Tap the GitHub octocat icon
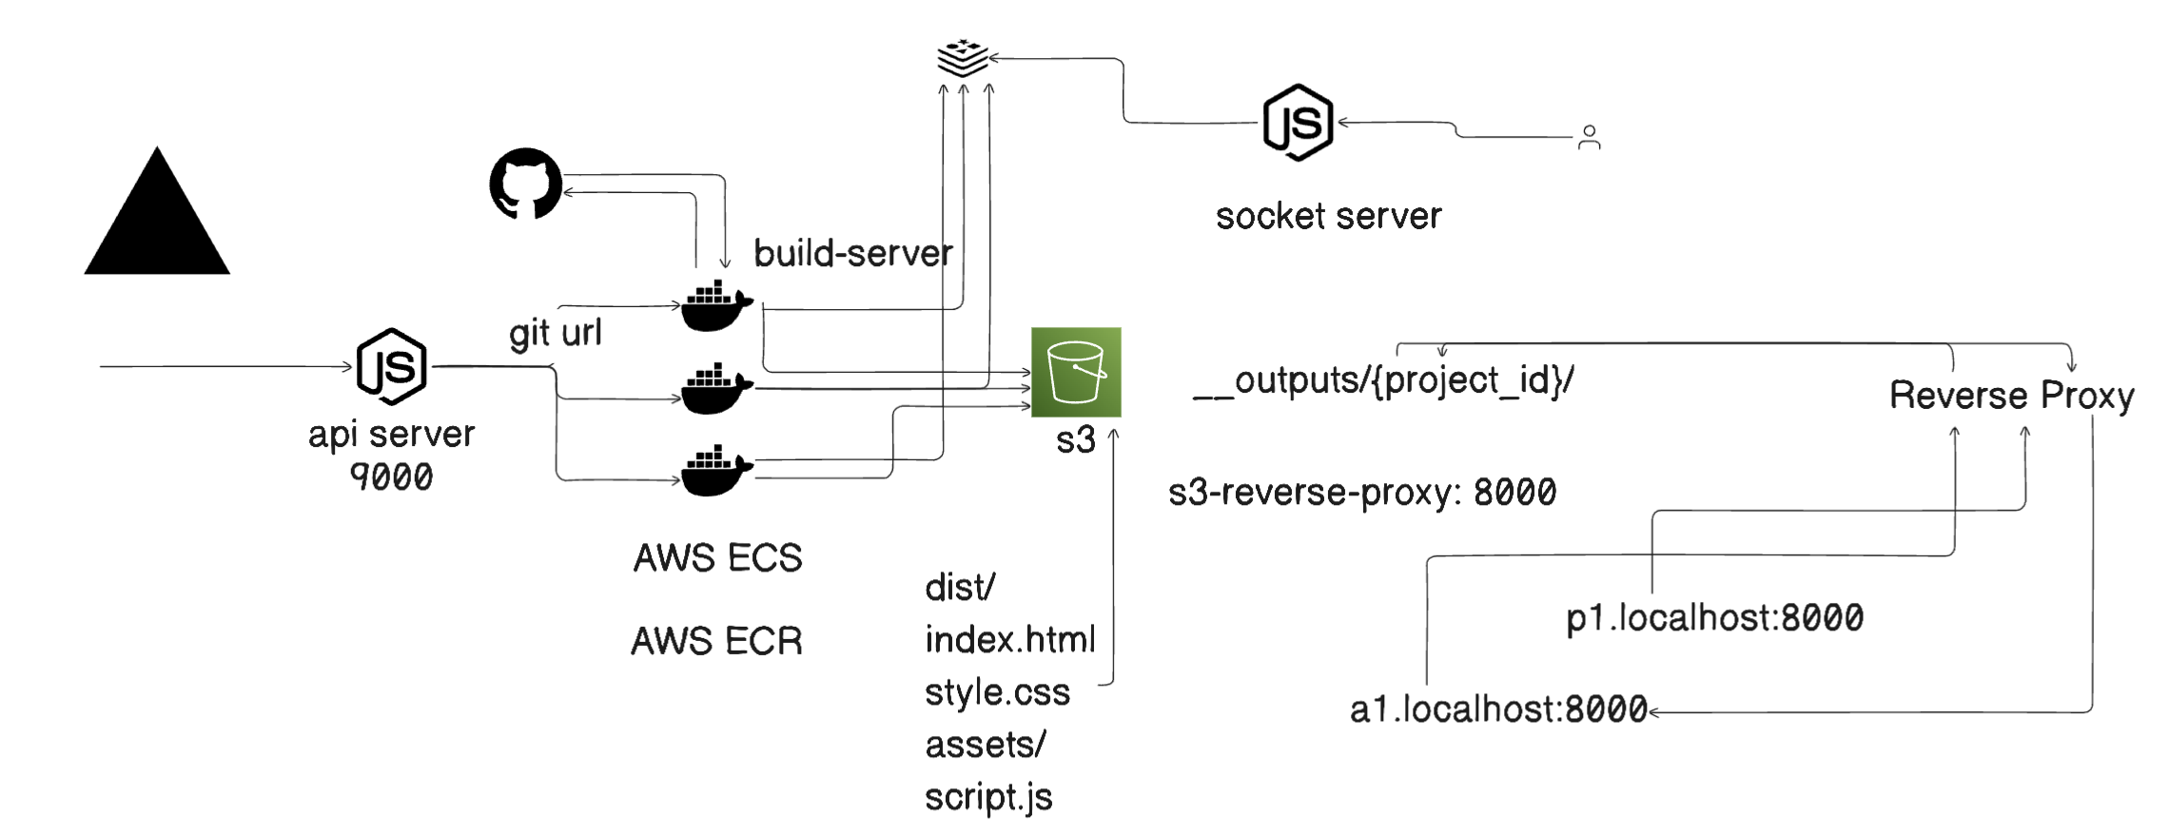pos(525,183)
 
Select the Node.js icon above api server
pos(391,366)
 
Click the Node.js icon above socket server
pos(1298,123)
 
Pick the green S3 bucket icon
pos(1076,372)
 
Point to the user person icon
pos(1589,138)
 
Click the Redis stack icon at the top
pos(963,58)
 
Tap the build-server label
pos(852,254)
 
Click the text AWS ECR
pos(716,641)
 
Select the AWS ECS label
pos(717,558)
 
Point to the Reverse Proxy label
pos(2011,396)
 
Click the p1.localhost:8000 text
pos(1714,618)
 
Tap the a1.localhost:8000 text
pos(1498,709)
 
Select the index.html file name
pos(1009,640)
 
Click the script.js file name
pos(988,797)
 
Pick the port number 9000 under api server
pos(391,476)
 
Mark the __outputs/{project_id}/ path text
pos(1383,381)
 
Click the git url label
pos(556,333)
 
